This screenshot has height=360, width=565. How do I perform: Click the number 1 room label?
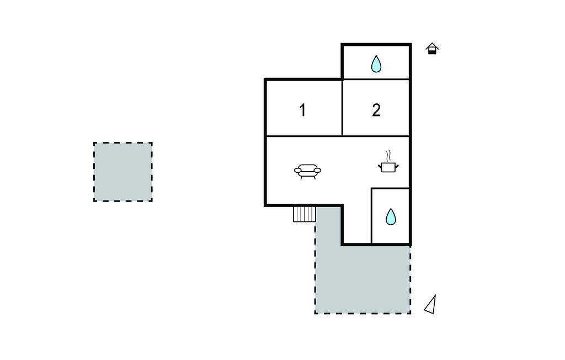302,110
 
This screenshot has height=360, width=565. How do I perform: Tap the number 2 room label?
376,110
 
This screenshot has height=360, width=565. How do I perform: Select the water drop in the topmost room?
376,64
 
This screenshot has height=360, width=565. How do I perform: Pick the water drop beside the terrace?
391,216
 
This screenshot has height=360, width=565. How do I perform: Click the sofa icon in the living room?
307,171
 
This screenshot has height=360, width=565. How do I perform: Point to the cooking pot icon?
388,166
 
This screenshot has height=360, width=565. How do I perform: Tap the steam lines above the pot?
388,153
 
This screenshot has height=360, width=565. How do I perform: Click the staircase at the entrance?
304,214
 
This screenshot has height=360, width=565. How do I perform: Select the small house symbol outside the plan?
433,49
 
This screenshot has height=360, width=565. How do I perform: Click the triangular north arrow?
431,305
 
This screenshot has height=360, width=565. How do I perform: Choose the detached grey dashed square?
122,172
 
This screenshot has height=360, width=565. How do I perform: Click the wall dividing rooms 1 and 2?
343,108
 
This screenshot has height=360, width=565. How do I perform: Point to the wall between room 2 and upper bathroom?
376,80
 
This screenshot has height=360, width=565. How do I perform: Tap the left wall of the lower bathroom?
371,216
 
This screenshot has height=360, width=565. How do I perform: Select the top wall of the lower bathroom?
391,188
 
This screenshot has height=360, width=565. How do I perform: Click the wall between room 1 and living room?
304,136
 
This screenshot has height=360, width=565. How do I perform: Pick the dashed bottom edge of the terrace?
363,313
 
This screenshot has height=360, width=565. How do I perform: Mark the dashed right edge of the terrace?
411,279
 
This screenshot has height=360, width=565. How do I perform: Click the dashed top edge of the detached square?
122,142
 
